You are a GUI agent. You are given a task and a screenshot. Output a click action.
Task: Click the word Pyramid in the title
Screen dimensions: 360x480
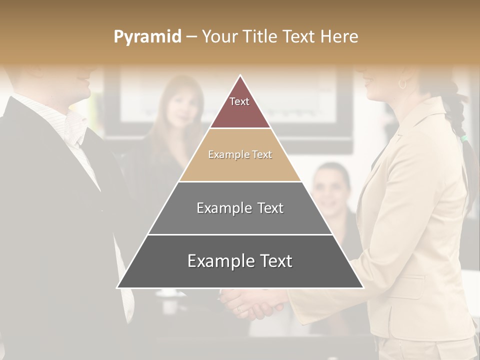[147, 37]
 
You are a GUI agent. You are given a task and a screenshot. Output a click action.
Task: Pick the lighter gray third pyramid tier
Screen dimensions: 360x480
[240, 208]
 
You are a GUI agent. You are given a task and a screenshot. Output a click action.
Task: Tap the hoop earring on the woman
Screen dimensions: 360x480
[402, 84]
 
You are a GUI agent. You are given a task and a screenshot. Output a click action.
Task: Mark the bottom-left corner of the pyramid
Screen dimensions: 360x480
[117, 287]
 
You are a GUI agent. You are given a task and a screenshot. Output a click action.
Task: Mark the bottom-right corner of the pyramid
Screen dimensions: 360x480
[363, 287]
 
